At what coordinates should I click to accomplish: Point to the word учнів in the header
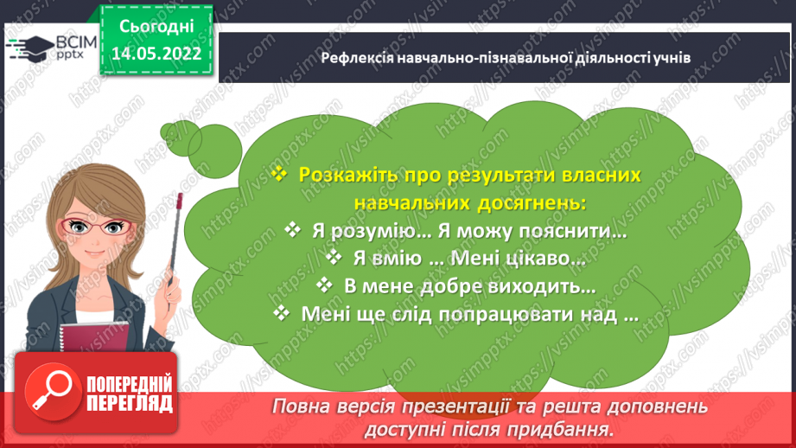(672, 58)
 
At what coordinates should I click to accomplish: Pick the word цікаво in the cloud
(544, 258)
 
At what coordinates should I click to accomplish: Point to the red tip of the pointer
(179, 201)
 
